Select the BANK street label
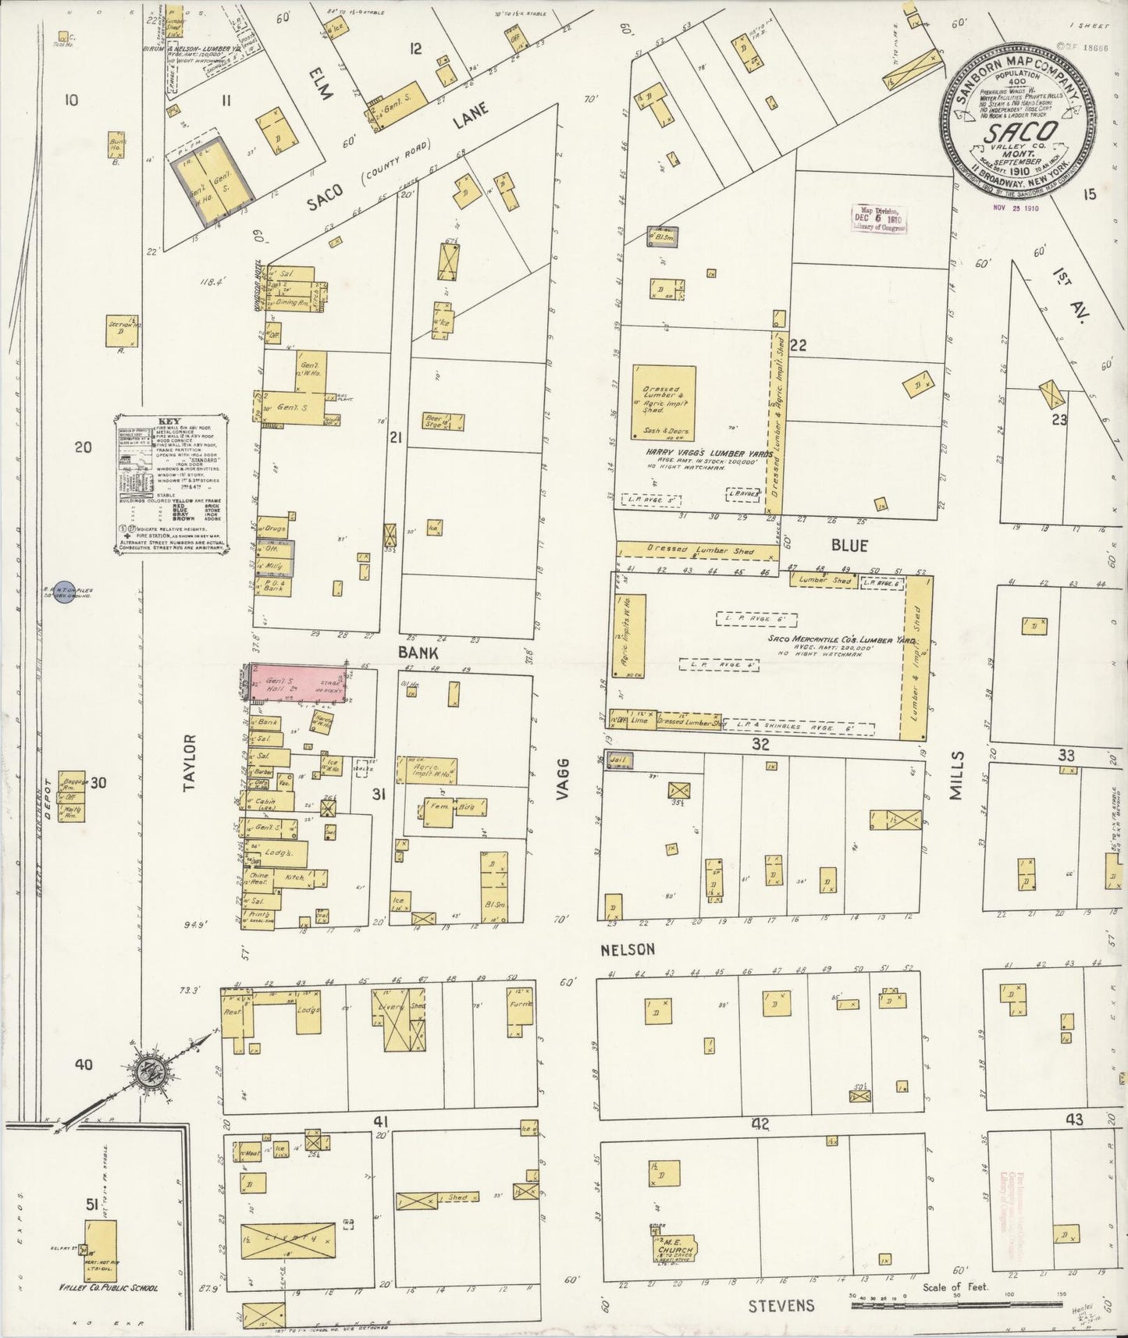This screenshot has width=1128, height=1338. click(x=418, y=653)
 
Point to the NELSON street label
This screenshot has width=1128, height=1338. click(x=627, y=949)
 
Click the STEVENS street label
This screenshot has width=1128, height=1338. click(x=781, y=1305)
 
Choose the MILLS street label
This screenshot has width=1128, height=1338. click(x=957, y=777)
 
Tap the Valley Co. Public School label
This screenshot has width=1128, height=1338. click(x=108, y=1287)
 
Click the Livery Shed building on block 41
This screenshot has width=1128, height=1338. click(x=400, y=1019)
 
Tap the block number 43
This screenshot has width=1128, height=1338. click(x=1075, y=1119)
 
